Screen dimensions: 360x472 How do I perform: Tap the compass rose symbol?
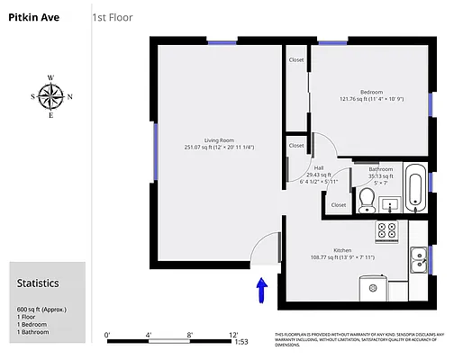(x=51, y=95)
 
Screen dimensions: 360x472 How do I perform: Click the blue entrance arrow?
(x=261, y=290)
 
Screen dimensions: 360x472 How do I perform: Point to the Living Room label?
(x=219, y=140)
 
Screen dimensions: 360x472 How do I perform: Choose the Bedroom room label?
(x=372, y=93)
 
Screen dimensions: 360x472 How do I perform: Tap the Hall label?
(x=319, y=167)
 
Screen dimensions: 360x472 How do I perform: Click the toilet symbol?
(x=367, y=198)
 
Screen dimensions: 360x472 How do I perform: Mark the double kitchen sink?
(x=419, y=260)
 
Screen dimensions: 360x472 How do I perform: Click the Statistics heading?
(x=38, y=283)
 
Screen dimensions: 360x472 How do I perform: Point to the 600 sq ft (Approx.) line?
(x=42, y=310)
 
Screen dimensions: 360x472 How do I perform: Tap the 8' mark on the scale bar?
(x=190, y=335)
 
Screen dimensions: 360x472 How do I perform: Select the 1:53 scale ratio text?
(x=241, y=342)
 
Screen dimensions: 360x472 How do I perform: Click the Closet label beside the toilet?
(x=339, y=204)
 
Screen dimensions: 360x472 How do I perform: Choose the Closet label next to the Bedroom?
(x=296, y=59)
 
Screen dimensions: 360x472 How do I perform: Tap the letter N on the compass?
(x=70, y=96)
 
